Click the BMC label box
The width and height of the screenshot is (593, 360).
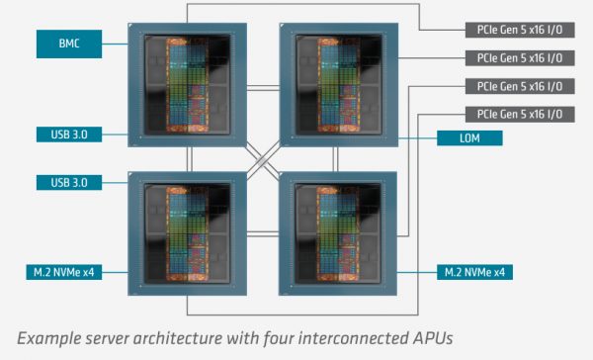pyautogui.click(x=68, y=43)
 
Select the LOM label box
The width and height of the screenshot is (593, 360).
pyautogui.click(x=468, y=137)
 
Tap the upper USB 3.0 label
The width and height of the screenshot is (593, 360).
pyautogui.click(x=68, y=134)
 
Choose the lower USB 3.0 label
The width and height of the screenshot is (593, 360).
pyautogui.click(x=68, y=181)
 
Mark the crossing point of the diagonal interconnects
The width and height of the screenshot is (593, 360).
pyautogui.click(x=262, y=157)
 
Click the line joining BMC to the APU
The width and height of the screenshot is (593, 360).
pyautogui.click(x=116, y=43)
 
